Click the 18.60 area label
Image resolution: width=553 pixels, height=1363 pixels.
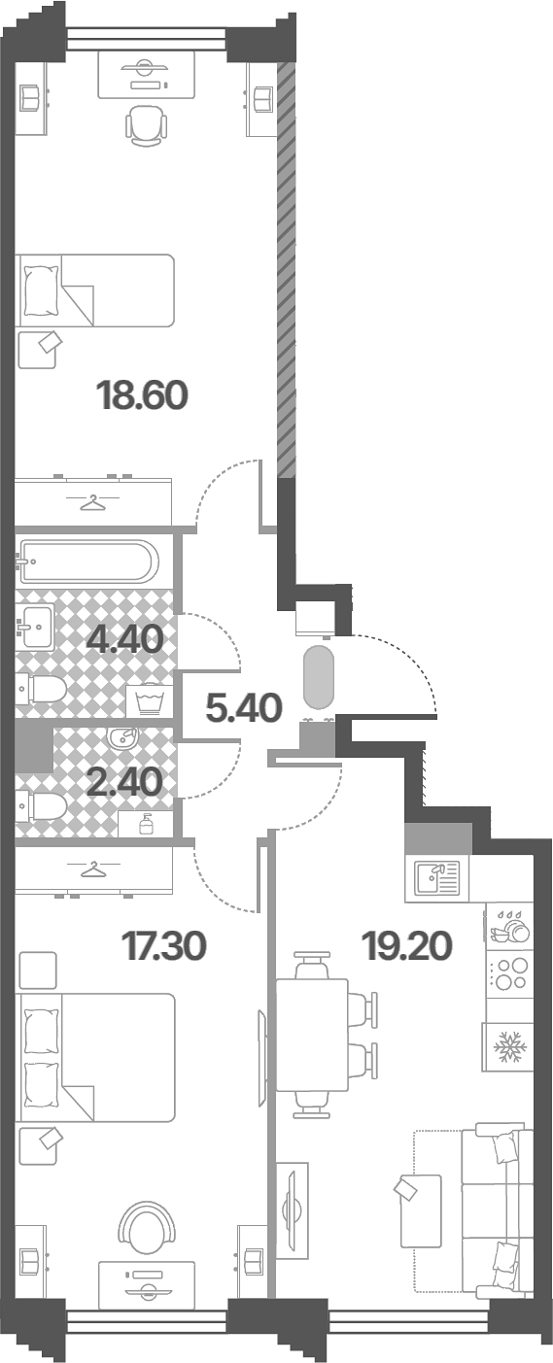tap(142, 395)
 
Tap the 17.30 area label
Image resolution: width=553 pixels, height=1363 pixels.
tap(164, 946)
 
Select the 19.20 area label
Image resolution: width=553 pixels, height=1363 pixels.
tap(407, 946)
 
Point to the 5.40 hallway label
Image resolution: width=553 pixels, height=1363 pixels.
tap(244, 708)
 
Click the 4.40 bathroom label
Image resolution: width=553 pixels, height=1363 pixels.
tap(124, 639)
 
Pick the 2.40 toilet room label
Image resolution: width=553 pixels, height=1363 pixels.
tap(124, 782)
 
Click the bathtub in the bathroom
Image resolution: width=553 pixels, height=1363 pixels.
tap(88, 561)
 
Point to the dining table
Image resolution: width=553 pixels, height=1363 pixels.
tap(312, 1035)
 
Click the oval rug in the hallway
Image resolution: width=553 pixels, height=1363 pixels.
tap(319, 677)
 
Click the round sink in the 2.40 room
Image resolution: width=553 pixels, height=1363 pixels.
tap(122, 738)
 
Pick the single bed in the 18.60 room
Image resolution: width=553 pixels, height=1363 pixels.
tap(95, 290)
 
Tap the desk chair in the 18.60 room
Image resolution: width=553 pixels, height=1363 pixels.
tap(146, 125)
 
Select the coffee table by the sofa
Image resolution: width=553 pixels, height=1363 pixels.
tap(420, 1210)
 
